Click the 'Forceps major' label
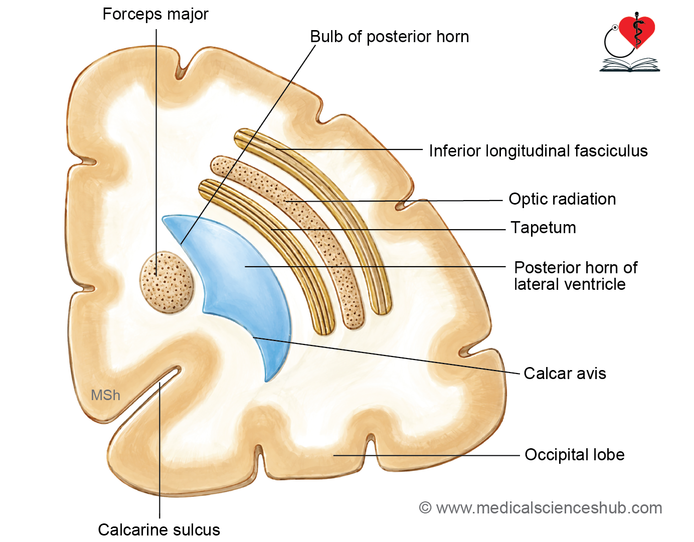tap(155, 15)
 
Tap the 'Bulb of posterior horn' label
tap(389, 37)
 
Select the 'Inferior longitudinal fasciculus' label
tap(538, 151)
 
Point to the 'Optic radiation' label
tap(562, 199)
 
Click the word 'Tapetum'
tap(543, 228)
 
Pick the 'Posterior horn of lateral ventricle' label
tap(576, 276)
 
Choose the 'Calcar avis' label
tap(565, 374)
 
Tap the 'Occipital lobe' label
tap(575, 455)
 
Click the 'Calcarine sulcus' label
tap(159, 530)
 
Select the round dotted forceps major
tap(166, 282)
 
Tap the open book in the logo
tap(629, 65)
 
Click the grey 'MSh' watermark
tap(105, 395)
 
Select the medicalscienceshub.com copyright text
tap(541, 508)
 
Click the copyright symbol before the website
tap(425, 507)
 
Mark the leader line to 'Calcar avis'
tap(387, 355)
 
